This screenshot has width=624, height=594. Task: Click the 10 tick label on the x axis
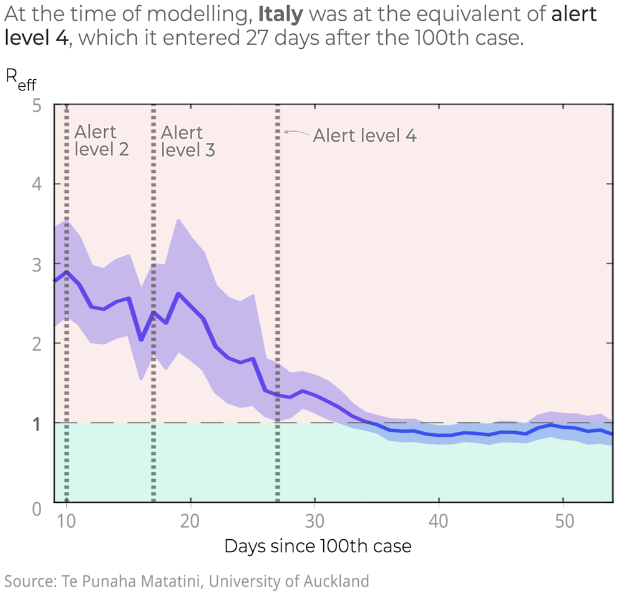coord(66,522)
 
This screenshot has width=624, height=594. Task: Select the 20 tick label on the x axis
coord(190,522)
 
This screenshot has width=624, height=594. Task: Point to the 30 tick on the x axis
coord(314,522)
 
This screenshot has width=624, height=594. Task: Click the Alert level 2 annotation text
coord(101,141)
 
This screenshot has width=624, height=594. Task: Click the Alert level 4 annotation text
coord(364,135)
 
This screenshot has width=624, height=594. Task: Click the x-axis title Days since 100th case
coord(318,547)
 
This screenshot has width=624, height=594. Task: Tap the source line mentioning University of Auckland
coord(187,581)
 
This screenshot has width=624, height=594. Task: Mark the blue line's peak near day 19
coord(178,294)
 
